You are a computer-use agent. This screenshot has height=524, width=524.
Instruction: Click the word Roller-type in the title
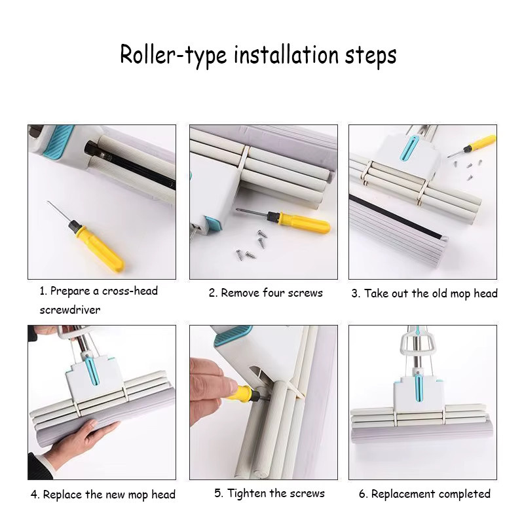click(x=173, y=55)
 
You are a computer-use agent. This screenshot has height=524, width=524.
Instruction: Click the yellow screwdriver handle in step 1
click(x=100, y=248)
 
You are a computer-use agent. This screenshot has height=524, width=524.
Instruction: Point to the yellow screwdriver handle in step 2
click(x=305, y=222)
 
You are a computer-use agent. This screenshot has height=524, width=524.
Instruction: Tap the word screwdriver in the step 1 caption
click(x=70, y=310)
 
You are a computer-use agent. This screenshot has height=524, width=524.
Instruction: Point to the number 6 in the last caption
click(x=362, y=494)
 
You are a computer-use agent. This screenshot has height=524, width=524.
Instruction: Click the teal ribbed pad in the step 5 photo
click(x=233, y=335)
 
